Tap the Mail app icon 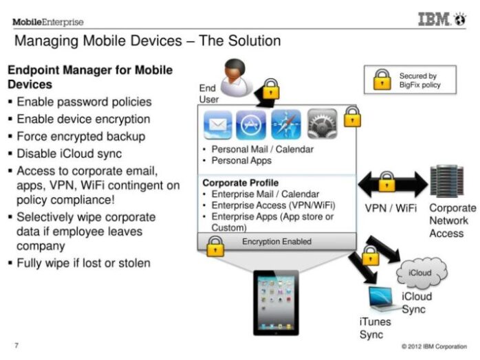pos(218,125)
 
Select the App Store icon pos(251,125)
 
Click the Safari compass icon pos(286,124)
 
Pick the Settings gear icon pos(322,124)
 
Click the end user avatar pos(236,78)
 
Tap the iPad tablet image pos(276,303)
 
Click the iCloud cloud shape pos(422,273)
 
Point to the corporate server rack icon pos(446,181)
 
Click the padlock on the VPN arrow pos(386,181)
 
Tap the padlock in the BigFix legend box pos(382,79)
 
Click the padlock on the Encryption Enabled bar pos(215,246)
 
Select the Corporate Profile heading pos(241,183)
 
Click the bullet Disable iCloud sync pos(69,153)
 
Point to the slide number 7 pos(17,346)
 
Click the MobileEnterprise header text pos(48,22)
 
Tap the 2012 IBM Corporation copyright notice pos(434,346)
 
